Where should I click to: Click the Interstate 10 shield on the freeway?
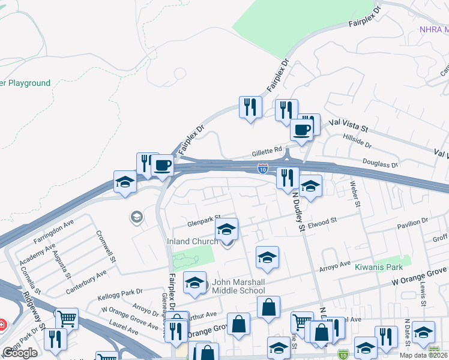[x=263, y=169]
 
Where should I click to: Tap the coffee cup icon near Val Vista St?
[x=301, y=130]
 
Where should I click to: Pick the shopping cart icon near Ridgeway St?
[x=67, y=319]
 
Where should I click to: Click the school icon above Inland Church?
[x=226, y=230]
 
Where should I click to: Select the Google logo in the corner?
[x=20, y=353]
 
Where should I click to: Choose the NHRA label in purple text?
[x=433, y=29]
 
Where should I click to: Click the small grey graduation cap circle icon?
[x=137, y=217]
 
